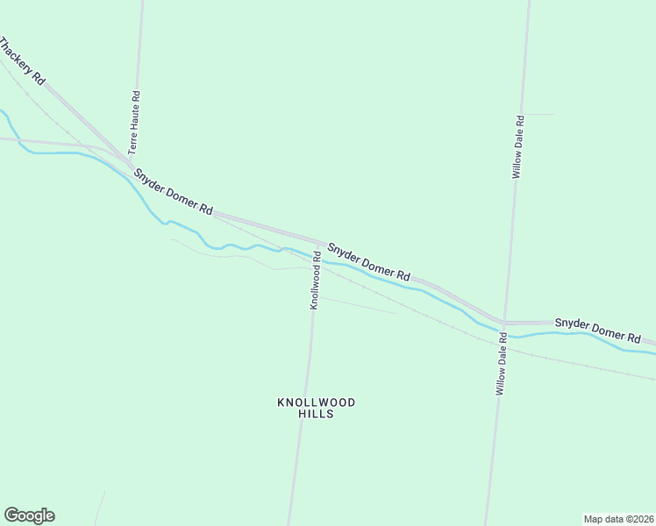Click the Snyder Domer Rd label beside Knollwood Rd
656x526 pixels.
(367, 262)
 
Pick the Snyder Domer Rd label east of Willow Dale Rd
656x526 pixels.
(598, 330)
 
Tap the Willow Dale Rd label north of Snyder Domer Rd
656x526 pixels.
(518, 147)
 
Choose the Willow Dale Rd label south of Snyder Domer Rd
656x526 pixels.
(502, 363)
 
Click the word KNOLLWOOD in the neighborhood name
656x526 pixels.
(317, 402)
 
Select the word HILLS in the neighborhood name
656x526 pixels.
(317, 414)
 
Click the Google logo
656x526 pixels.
(29, 515)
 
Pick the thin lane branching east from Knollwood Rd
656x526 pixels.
(355, 304)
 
